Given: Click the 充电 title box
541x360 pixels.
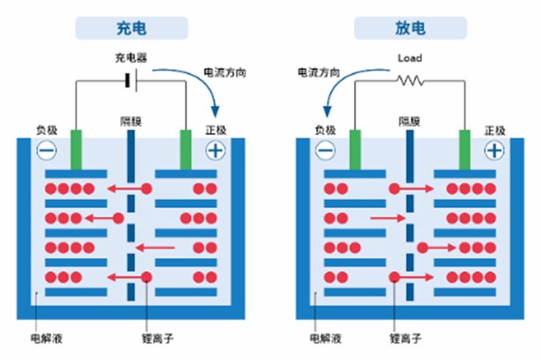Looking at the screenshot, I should click(131, 28).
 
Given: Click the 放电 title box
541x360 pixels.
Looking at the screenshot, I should click(410, 28).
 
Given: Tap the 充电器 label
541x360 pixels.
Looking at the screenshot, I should click(131, 58).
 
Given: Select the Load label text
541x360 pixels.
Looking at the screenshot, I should click(410, 58).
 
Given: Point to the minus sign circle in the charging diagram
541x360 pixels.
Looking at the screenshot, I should click(47, 150).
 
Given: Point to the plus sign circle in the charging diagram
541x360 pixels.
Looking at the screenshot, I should click(215, 150).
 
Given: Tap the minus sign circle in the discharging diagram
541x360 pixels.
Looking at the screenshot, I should click(325, 150).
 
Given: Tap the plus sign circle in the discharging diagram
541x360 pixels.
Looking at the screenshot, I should click(494, 150).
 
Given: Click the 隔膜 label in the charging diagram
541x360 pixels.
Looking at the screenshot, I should click(131, 121).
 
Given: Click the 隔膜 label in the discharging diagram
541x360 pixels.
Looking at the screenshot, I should click(409, 121).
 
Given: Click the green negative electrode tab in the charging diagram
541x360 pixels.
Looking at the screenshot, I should click(76, 149).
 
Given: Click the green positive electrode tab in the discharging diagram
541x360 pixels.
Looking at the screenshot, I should click(464, 149).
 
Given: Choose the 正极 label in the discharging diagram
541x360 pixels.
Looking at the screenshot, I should click(495, 130).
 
